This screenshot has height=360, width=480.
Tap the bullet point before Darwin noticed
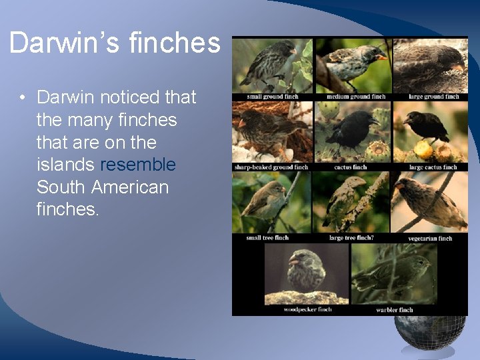(23, 98)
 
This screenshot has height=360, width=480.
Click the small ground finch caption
(272, 97)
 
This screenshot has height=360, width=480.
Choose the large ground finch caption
(433, 97)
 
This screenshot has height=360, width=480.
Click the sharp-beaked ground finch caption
(271, 167)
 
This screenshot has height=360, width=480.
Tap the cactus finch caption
(351, 167)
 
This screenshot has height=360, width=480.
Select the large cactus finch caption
(433, 167)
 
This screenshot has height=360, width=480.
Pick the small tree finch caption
(267, 238)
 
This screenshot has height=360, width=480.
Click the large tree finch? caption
(351, 238)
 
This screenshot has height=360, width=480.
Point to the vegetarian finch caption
(430, 238)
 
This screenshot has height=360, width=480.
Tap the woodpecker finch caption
(307, 309)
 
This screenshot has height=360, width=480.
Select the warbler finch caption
(394, 309)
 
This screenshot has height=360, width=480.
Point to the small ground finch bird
(270, 63)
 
